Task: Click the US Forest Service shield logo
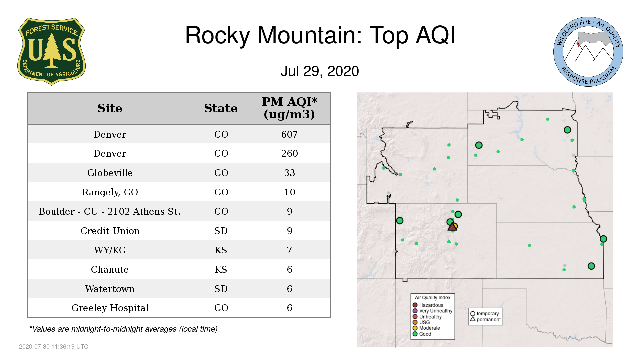(51, 52)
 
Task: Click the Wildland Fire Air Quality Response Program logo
(588, 52)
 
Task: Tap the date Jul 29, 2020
(320, 71)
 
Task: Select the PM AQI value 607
(289, 134)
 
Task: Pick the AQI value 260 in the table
(289, 153)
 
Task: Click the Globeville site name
(110, 173)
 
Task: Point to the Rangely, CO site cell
(110, 192)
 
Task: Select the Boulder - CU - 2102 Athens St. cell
(110, 211)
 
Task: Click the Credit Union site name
(110, 231)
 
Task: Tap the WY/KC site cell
(110, 250)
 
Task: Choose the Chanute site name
(110, 269)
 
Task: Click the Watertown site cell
(110, 289)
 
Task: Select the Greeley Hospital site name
(110, 308)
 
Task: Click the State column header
(221, 108)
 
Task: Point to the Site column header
(110, 108)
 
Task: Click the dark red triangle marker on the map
(452, 227)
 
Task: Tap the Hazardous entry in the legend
(428, 305)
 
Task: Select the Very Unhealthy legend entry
(433, 311)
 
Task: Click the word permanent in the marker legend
(489, 319)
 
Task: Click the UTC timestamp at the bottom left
(54, 347)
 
